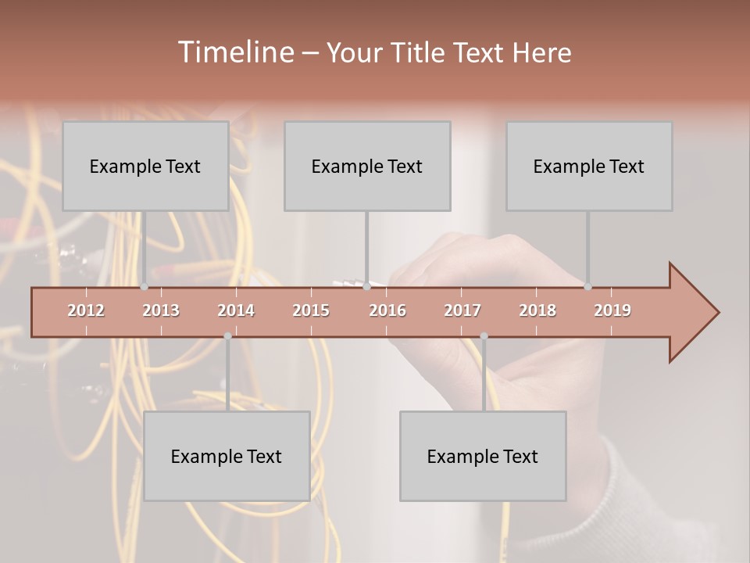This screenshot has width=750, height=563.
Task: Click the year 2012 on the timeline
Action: pos(86,310)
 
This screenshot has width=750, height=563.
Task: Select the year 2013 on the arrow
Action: pos(161,310)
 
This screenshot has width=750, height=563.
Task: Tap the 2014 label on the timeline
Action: pos(236,310)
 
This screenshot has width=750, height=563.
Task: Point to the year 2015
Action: pos(311,310)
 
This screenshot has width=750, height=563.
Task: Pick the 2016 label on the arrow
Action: pos(387,310)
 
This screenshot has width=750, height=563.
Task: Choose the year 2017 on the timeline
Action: pos(462,310)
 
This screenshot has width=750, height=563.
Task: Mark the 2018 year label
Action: pos(537,310)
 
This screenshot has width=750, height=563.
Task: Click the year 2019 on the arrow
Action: pos(612,310)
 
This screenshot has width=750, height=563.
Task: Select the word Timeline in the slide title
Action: pos(234,52)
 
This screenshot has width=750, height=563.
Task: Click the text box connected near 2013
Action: pos(145,166)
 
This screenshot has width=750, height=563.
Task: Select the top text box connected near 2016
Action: pos(367,166)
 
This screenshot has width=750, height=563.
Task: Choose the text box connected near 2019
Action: pos(589,166)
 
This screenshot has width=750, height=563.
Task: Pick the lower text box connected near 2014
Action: pos(227,456)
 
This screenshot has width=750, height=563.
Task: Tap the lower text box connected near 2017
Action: pos(483,456)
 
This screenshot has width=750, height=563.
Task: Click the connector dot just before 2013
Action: pos(144,287)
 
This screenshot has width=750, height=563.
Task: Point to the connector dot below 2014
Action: pos(227,336)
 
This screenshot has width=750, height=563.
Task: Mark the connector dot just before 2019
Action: pos(587,287)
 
